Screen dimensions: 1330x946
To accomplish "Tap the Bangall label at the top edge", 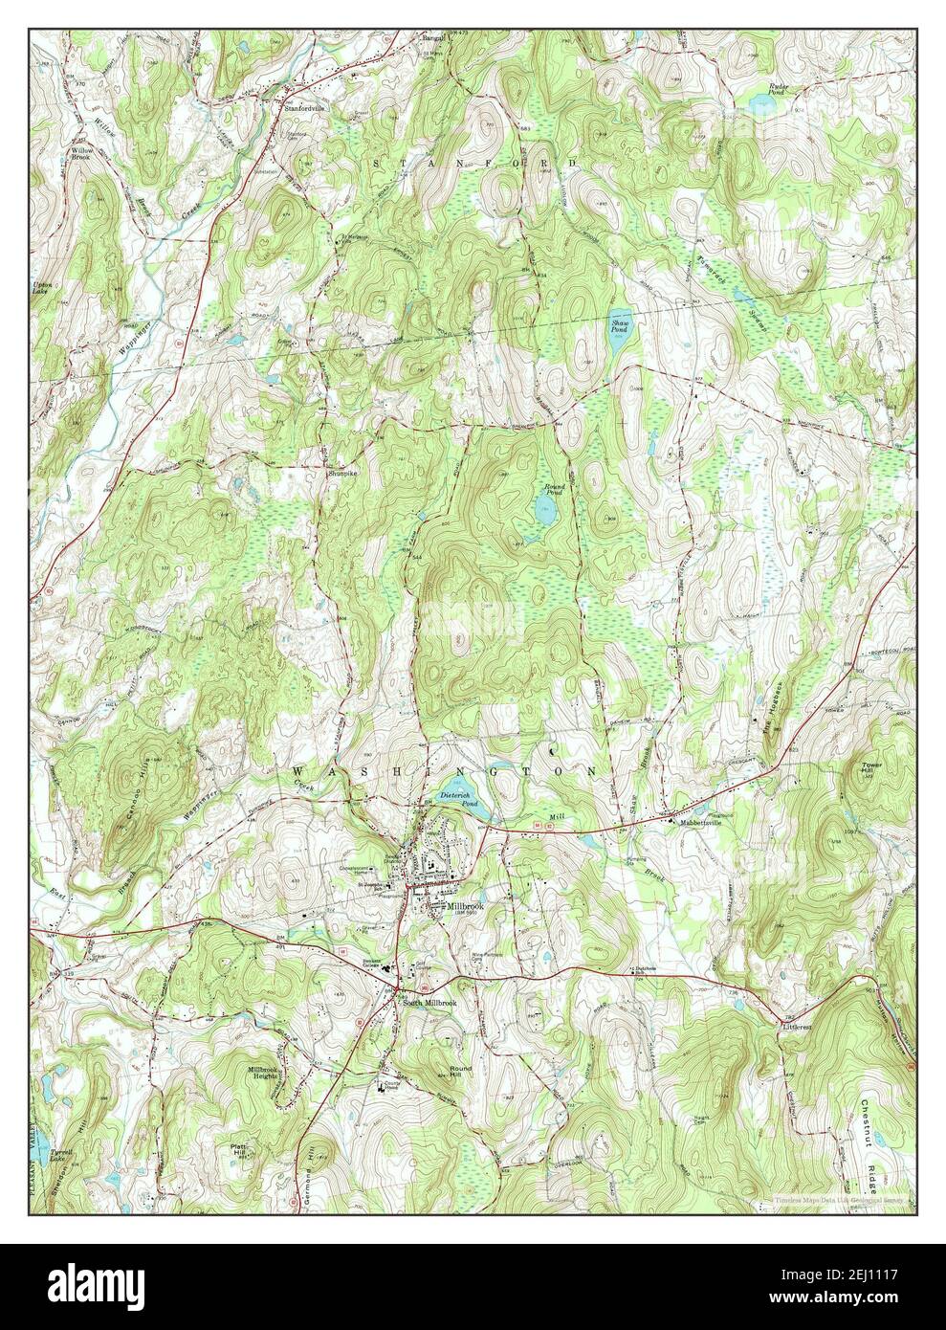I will pos(436,39).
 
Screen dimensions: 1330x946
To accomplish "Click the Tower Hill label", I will pos(869,769).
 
